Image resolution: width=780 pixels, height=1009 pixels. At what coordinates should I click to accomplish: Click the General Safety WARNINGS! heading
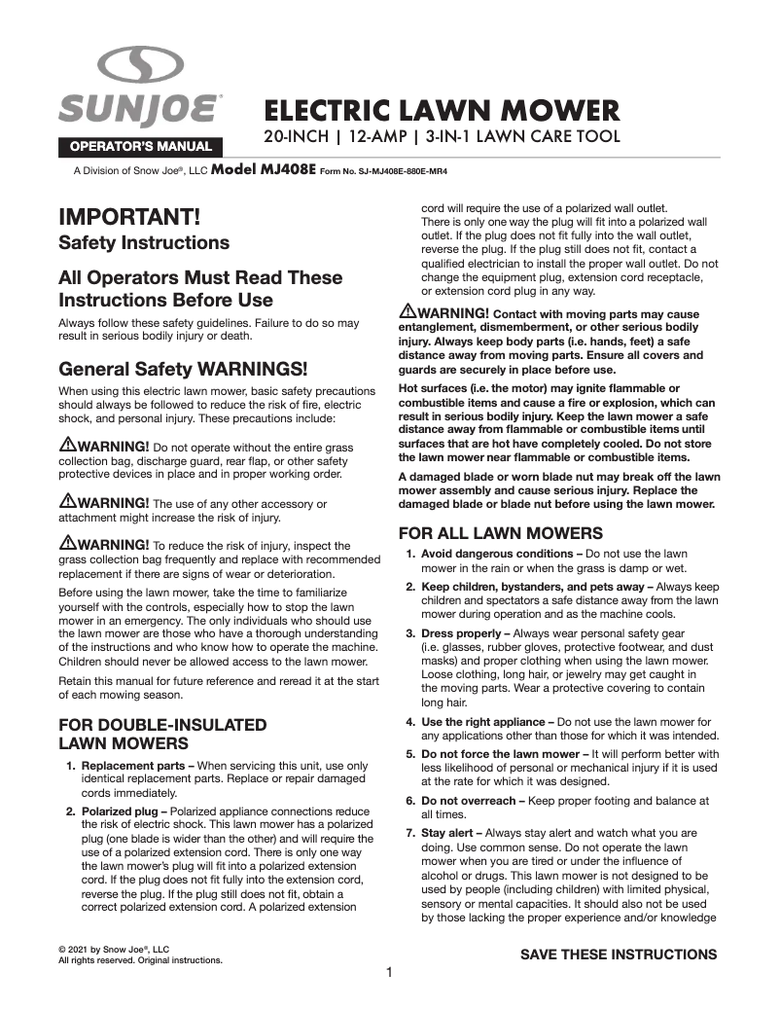[x=184, y=370]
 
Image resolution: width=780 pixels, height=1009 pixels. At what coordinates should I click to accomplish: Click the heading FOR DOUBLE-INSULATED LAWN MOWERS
[x=163, y=735]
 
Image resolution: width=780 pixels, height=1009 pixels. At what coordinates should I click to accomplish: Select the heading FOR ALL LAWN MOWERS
[x=501, y=533]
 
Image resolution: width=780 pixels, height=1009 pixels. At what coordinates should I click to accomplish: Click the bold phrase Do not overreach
[x=466, y=800]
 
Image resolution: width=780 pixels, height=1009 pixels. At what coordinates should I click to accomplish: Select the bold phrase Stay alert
[x=449, y=833]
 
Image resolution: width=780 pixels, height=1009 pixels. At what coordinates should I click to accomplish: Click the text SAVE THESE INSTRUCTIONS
[x=619, y=955]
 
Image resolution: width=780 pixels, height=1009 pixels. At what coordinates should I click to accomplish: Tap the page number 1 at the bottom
[x=389, y=972]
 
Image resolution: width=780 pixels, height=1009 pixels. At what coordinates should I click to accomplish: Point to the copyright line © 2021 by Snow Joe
[x=114, y=949]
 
